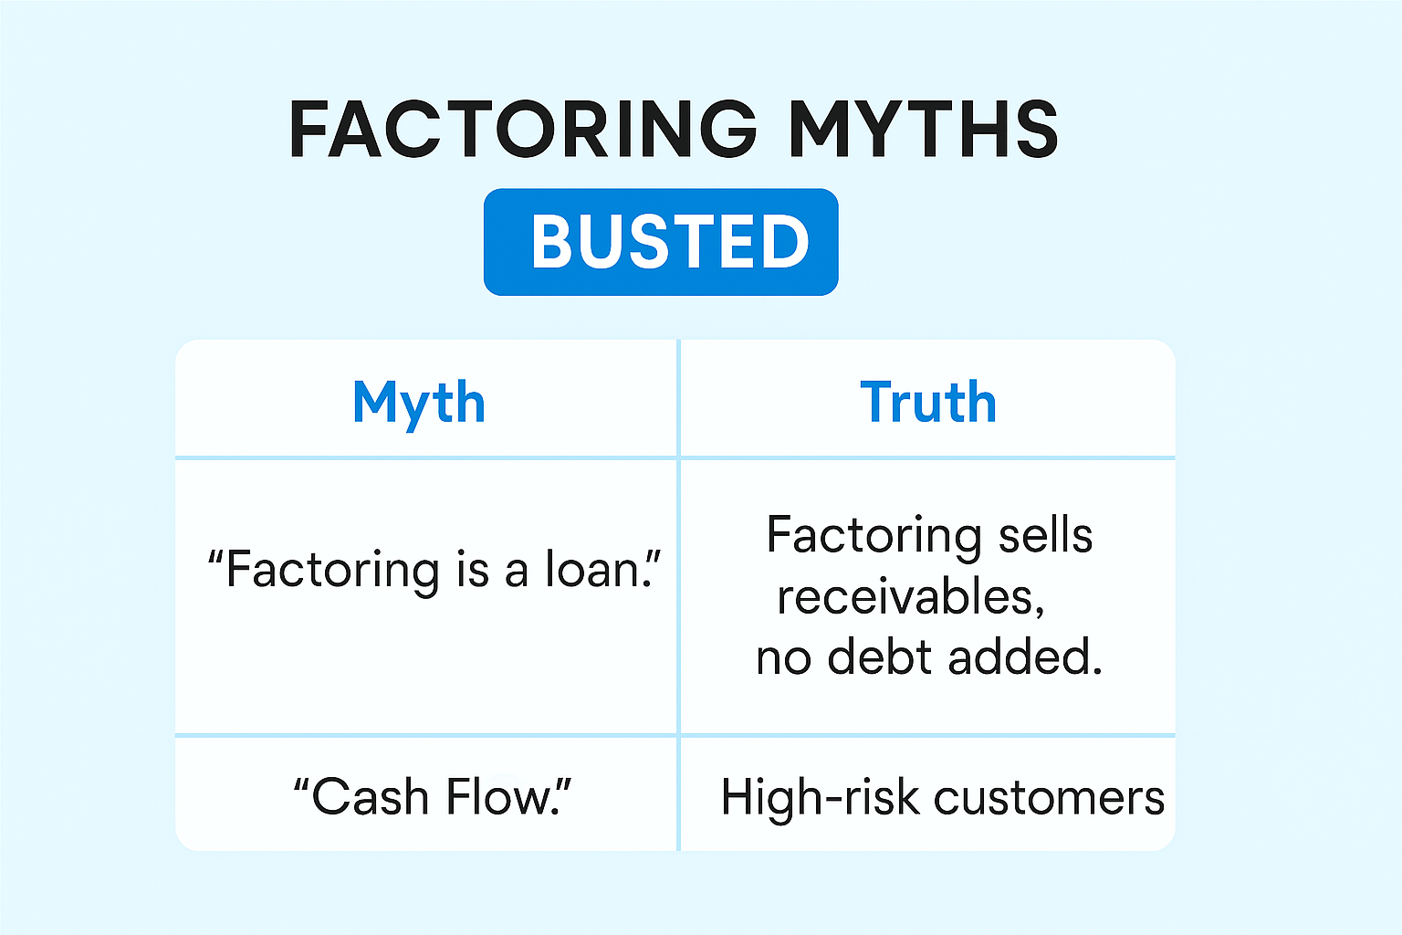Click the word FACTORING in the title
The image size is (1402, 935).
point(523,130)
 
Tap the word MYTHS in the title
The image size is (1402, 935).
point(924,130)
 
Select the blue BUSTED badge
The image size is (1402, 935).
point(661,242)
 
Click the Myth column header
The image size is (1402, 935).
point(419,404)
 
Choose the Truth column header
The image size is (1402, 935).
point(928,402)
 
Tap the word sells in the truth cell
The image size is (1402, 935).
point(1045,536)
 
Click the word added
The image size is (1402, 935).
point(1025,657)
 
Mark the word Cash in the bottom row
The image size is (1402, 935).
point(370,797)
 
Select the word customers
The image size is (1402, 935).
point(1049,799)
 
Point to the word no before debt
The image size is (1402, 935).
point(784,660)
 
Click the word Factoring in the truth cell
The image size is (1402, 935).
point(874,537)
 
